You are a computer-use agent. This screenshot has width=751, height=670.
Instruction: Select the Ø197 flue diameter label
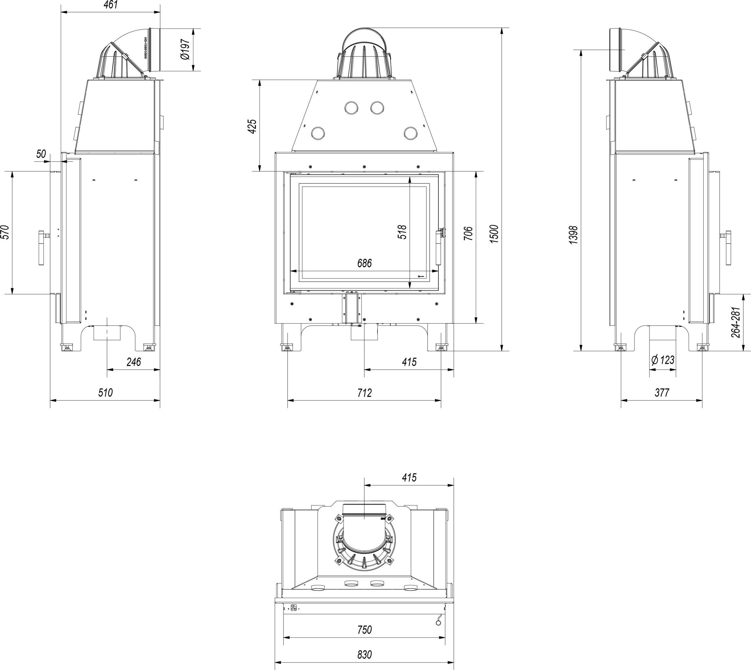[x=185, y=50]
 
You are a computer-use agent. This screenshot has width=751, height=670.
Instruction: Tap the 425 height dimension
[x=252, y=126]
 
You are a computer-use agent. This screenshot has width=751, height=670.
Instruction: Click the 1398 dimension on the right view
[x=574, y=235]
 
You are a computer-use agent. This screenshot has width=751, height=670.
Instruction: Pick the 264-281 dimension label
[x=735, y=322]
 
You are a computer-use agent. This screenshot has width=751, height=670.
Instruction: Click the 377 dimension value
[x=662, y=392]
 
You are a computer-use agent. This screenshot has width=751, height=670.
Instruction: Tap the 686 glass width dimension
[x=364, y=263]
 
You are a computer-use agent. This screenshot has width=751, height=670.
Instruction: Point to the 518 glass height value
[x=403, y=232]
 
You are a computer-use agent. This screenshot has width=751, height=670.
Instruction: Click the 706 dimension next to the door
[x=468, y=233]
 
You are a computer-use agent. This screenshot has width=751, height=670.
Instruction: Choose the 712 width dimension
[x=364, y=393]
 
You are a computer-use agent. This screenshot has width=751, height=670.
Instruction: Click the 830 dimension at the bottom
[x=364, y=655]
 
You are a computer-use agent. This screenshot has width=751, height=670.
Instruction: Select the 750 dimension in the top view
[x=364, y=630]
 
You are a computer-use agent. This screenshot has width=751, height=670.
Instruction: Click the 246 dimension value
[x=134, y=362]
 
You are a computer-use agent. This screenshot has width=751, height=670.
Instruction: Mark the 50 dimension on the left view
[x=41, y=154]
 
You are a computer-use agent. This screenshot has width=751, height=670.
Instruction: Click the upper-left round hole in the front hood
[x=351, y=107]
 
